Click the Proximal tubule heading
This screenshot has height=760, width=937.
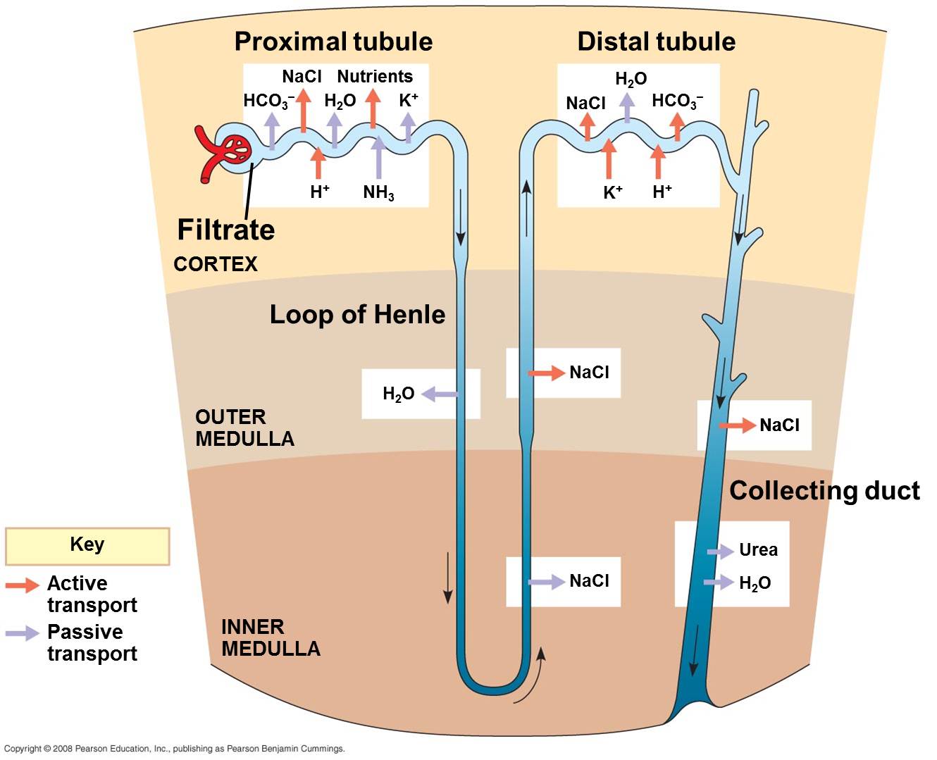pyautogui.click(x=333, y=42)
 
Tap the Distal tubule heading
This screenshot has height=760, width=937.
pyautogui.click(x=656, y=42)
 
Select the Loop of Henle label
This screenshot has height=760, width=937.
pyautogui.click(x=357, y=314)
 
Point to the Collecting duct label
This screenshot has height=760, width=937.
pyautogui.click(x=824, y=490)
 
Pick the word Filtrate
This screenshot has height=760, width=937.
pyautogui.click(x=225, y=230)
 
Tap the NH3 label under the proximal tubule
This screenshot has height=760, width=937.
pyautogui.click(x=378, y=192)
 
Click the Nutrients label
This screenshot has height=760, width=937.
pyautogui.click(x=375, y=76)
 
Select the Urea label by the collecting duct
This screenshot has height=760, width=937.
pyautogui.click(x=758, y=549)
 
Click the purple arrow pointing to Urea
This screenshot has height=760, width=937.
pyautogui.click(x=721, y=552)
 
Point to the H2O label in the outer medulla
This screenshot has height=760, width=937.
pyautogui.click(x=398, y=394)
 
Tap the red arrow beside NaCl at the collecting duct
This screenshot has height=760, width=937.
pyautogui.click(x=737, y=425)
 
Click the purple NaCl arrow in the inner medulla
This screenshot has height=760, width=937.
pyautogui.click(x=547, y=582)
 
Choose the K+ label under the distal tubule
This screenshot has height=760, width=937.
pyautogui.click(x=613, y=192)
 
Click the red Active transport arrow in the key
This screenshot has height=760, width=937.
pyautogui.click(x=23, y=585)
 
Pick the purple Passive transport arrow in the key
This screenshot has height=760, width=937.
pyautogui.click(x=23, y=633)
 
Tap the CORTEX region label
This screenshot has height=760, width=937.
pyautogui.click(x=216, y=264)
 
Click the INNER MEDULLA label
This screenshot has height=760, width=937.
pyautogui.click(x=271, y=637)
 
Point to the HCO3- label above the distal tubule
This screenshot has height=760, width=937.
pyautogui.click(x=677, y=101)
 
